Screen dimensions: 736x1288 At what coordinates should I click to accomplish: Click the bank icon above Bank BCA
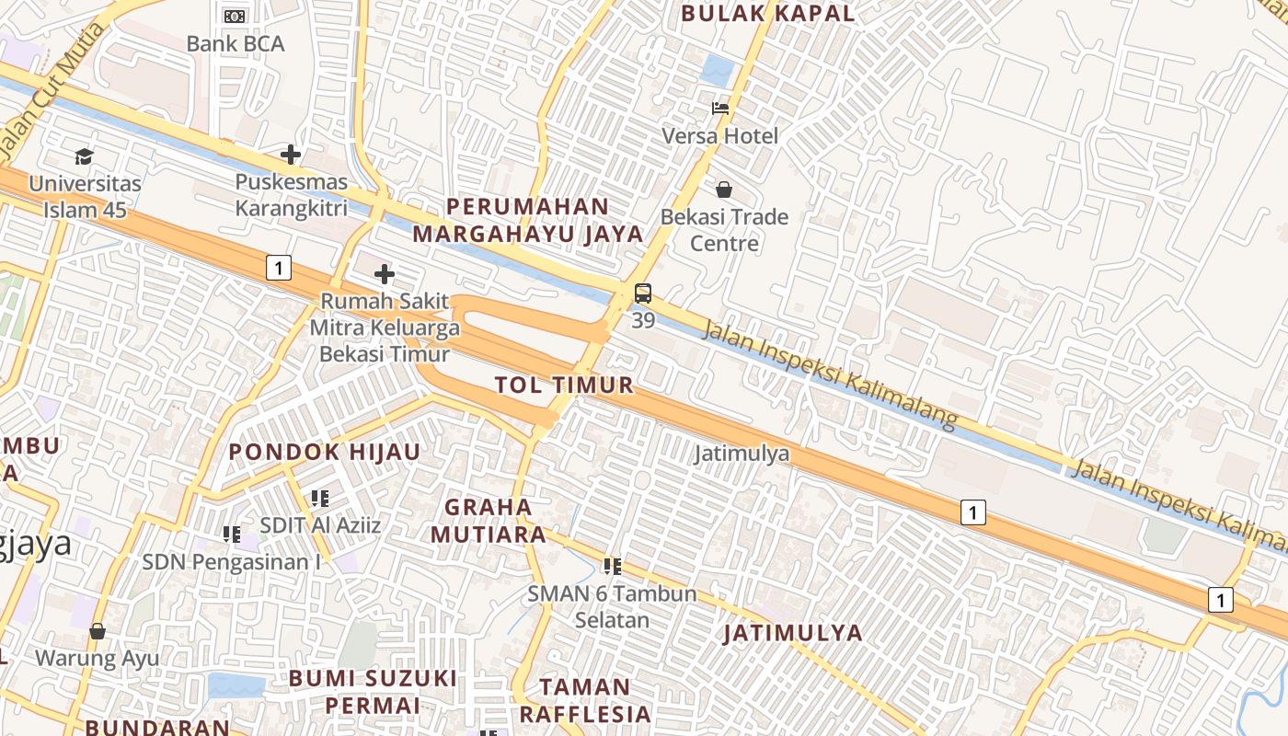236,16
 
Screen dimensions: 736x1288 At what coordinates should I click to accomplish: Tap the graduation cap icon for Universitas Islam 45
85,156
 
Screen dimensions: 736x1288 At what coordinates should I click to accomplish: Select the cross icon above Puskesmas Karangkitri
291,155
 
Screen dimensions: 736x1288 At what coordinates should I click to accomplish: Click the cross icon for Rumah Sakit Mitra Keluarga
385,274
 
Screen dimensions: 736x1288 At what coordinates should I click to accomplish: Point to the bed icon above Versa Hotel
720,109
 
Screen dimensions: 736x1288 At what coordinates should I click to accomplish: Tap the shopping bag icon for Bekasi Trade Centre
724,190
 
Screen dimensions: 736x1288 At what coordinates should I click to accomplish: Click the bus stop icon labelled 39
643,294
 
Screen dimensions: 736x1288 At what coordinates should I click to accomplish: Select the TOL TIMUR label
564,385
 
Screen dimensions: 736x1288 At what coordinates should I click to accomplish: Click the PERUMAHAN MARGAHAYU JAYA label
527,220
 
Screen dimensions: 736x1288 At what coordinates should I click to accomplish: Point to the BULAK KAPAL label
767,13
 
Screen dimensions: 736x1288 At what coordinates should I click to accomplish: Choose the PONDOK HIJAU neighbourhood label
324,452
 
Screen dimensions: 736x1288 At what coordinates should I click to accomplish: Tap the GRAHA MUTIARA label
489,520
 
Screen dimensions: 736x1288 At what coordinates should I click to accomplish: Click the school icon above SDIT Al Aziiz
320,499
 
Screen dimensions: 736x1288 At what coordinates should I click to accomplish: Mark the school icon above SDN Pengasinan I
232,534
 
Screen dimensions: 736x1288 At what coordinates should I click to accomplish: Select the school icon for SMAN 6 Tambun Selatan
613,567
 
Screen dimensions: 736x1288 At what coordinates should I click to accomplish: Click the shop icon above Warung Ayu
98,631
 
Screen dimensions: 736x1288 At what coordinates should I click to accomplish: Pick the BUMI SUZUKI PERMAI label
372,692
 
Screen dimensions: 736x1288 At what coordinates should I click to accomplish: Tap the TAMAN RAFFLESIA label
585,700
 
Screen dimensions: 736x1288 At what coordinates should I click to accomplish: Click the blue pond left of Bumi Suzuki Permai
235,685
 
